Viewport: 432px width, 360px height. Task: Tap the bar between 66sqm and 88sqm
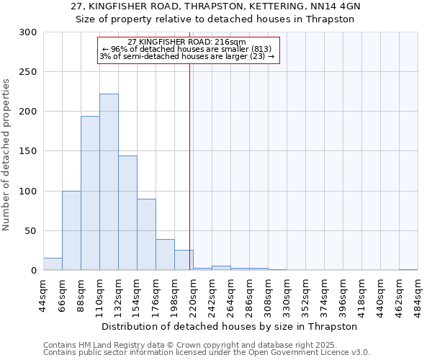pos(71,230)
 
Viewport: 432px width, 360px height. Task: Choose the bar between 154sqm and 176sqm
pos(146,235)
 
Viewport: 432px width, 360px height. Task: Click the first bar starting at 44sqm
pos(53,264)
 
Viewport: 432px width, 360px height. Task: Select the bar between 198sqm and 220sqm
pos(184,260)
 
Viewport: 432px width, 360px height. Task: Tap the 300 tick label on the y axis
pos(28,32)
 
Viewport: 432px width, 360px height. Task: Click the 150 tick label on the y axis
pos(28,152)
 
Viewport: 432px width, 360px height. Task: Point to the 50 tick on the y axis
pos(31,231)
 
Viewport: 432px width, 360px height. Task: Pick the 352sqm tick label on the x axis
pos(306,295)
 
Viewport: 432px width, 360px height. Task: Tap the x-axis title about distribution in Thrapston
pos(230,326)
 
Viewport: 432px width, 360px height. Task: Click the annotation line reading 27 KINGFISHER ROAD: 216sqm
pos(186,42)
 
